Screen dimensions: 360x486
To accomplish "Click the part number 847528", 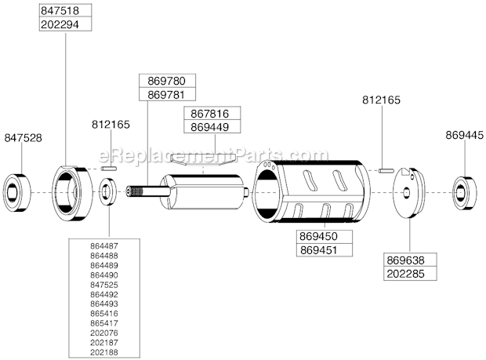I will coord(23,137).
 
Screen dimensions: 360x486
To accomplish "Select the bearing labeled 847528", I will coord(17,191).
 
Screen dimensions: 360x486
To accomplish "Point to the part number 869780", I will coord(166,81).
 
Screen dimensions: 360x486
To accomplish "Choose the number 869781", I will coord(166,94).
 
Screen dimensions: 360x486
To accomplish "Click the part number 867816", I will coord(210,114).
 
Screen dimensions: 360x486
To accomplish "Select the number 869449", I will coord(210,127).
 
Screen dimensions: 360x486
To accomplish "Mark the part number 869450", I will coord(325,235).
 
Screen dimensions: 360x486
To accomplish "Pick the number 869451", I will coord(325,249).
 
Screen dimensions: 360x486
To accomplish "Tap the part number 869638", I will coord(410,260).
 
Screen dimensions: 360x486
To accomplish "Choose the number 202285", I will coord(410,273).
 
